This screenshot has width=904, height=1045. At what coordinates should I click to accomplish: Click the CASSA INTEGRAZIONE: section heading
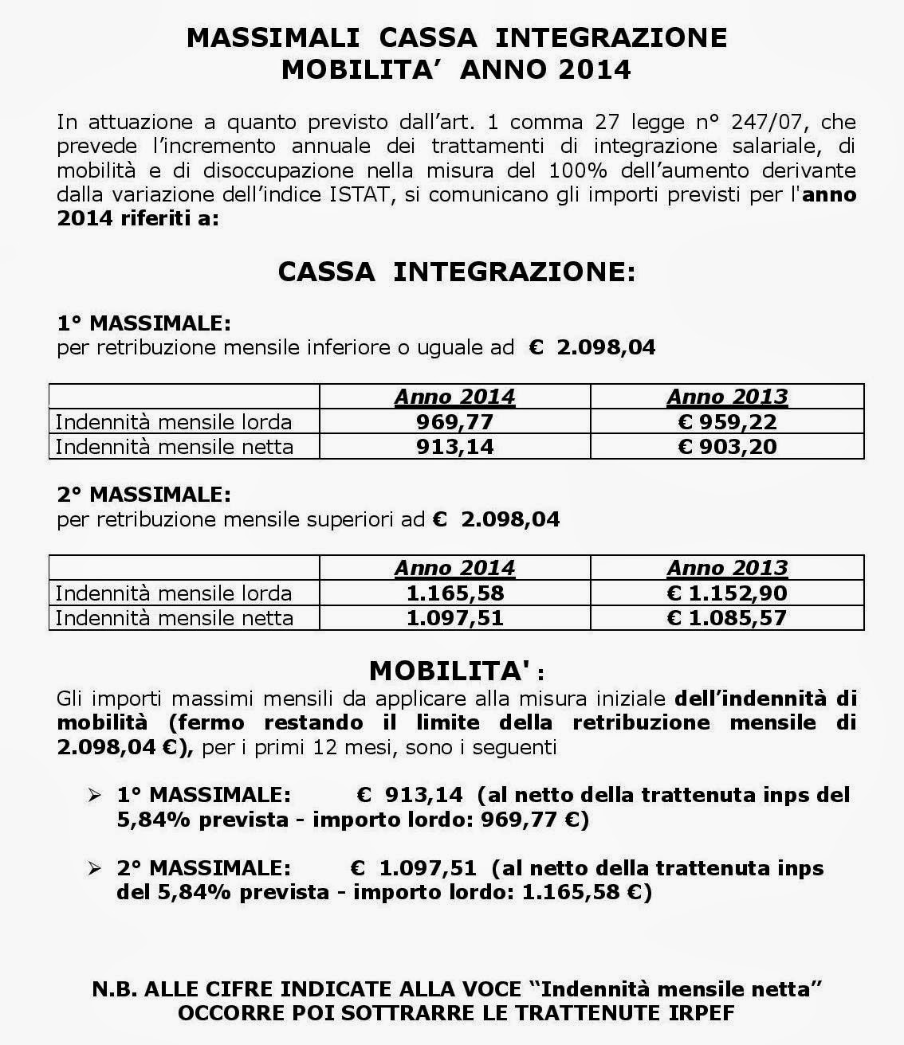457,272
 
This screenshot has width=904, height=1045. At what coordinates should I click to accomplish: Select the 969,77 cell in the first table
454,421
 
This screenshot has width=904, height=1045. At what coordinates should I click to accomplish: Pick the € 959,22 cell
727,421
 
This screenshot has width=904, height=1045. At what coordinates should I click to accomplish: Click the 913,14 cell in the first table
454,446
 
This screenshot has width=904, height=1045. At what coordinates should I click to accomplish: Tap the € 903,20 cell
727,446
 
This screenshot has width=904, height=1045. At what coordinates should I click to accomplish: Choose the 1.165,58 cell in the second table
454,593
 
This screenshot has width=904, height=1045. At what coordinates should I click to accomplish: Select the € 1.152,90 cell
727,593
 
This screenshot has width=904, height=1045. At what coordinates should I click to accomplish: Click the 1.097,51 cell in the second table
454,618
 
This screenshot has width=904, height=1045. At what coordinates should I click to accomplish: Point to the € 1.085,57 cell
727,618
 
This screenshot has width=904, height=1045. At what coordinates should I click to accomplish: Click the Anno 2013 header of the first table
727,397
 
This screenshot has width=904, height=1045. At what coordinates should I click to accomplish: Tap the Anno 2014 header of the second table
454,568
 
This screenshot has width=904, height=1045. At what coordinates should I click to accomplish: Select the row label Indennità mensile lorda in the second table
174,593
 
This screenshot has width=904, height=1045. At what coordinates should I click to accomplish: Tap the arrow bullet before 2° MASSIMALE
96,867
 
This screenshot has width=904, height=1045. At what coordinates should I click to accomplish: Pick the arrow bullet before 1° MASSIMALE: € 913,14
96,795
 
